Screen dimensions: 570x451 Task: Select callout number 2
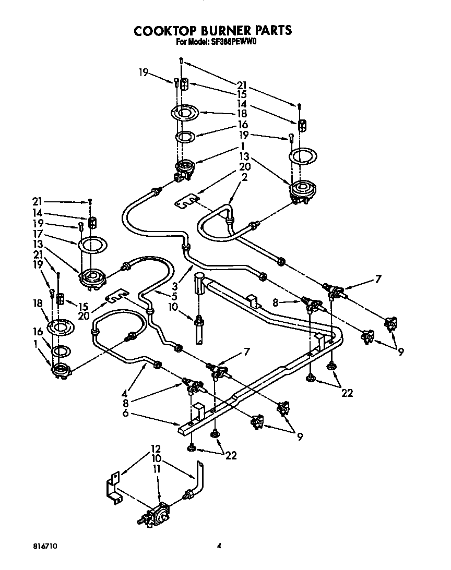[x=244, y=176]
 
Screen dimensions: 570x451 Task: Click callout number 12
[x=156, y=448]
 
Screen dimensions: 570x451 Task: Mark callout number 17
[x=37, y=235]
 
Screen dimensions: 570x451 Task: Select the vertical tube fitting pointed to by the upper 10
[x=199, y=284]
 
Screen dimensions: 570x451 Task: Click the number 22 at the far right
[x=347, y=393]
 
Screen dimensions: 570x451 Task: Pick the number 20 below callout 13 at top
[x=244, y=167]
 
